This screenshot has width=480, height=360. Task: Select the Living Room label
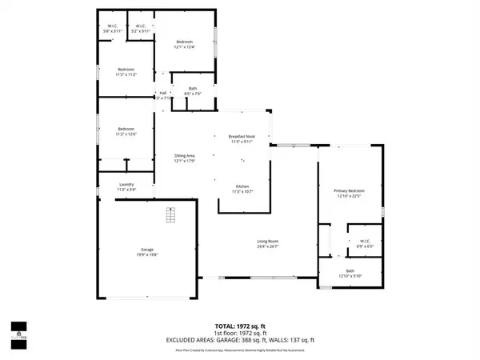pos(267,243)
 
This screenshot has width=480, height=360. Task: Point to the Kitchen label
pos(242,189)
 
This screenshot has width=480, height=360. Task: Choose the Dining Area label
pos(186,158)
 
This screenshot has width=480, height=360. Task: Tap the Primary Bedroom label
pos(349,193)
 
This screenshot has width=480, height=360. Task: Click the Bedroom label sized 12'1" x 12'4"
pos(185,45)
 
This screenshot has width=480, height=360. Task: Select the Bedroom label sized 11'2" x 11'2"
pos(126,70)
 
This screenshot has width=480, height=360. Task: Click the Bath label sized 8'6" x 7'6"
pos(193,91)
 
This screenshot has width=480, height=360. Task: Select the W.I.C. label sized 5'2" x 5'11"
pos(140,29)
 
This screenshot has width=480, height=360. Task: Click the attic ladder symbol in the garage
pos(170,216)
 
